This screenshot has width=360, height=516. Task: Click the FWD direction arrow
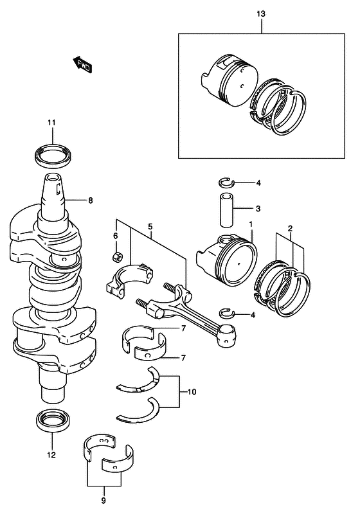click(x=82, y=64)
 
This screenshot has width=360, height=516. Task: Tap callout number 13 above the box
click(x=260, y=14)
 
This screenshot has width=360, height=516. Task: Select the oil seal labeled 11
click(x=52, y=154)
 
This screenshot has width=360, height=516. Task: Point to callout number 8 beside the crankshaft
click(x=91, y=200)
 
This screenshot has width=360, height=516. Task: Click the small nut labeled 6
click(x=117, y=256)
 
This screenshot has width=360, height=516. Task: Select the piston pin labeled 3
click(x=226, y=209)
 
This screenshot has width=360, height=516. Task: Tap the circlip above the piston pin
click(x=226, y=182)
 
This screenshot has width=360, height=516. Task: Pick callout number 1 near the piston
click(x=251, y=224)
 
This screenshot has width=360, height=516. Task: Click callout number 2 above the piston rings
click(x=290, y=227)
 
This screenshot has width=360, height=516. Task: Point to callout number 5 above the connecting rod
click(x=150, y=226)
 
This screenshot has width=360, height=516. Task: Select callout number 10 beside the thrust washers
click(x=192, y=391)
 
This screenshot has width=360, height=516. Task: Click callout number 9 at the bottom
click(x=104, y=501)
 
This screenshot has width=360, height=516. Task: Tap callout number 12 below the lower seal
click(x=51, y=455)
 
